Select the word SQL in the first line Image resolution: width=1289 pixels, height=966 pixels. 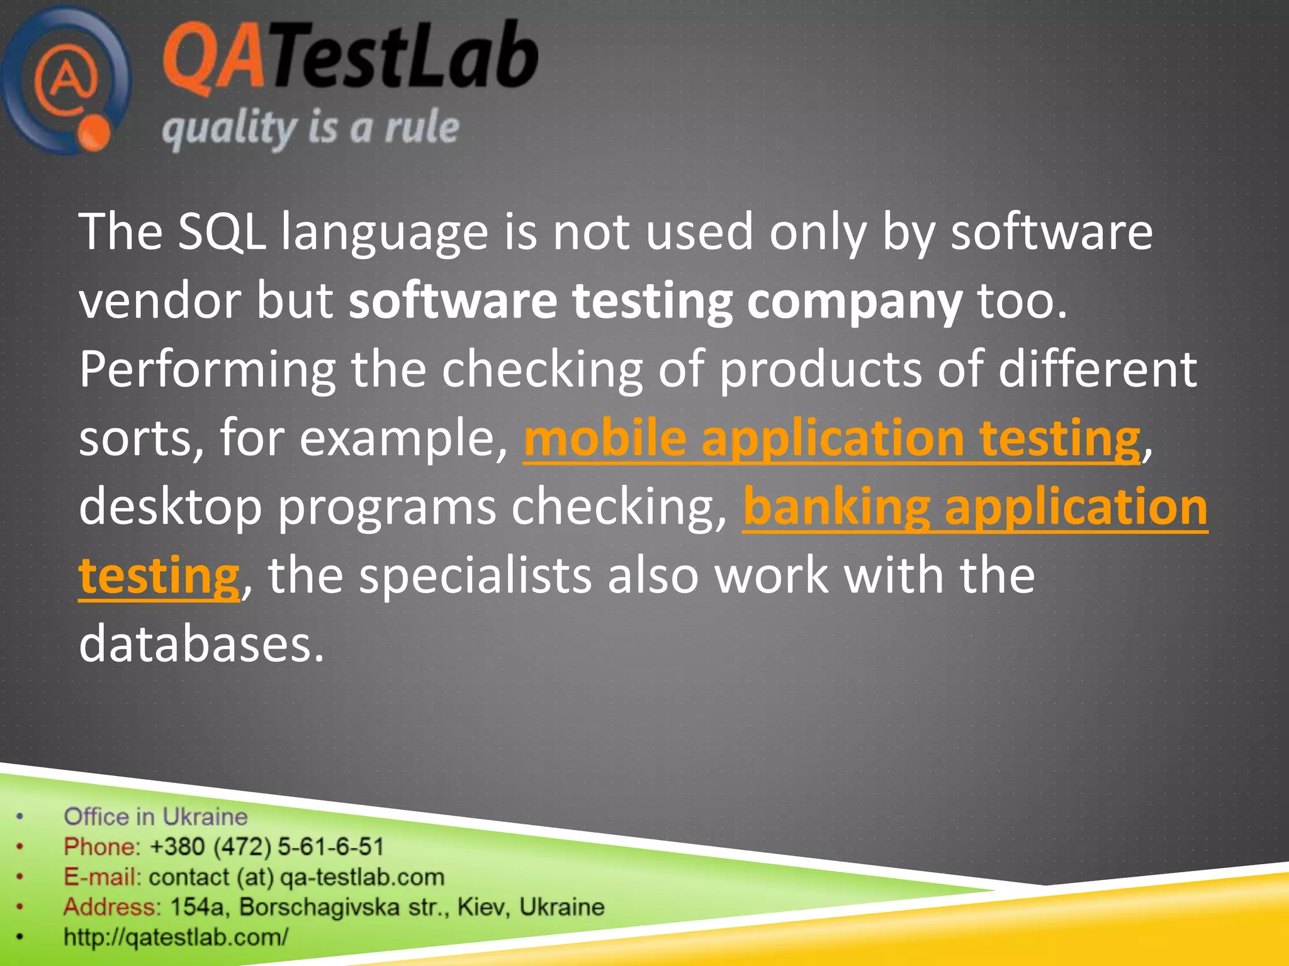pyautogui.click(x=222, y=232)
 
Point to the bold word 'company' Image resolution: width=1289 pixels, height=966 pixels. pyautogui.click(x=854, y=301)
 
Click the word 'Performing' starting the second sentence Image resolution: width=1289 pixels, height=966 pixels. pyautogui.click(x=206, y=370)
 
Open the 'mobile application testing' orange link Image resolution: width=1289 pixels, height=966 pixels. pyautogui.click(x=831, y=438)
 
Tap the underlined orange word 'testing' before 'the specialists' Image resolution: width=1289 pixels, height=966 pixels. pyautogui.click(x=159, y=575)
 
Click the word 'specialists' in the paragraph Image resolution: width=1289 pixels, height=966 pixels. pyautogui.click(x=475, y=575)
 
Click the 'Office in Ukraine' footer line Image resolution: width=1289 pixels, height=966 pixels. pyautogui.click(x=155, y=817)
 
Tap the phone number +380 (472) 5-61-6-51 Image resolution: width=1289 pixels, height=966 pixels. pyautogui.click(x=267, y=847)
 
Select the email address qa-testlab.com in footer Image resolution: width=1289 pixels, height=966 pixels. pyautogui.click(x=362, y=877)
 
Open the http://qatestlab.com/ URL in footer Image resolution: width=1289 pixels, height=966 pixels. pyautogui.click(x=176, y=937)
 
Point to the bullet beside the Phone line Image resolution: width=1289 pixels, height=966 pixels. pyautogui.click(x=20, y=847)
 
